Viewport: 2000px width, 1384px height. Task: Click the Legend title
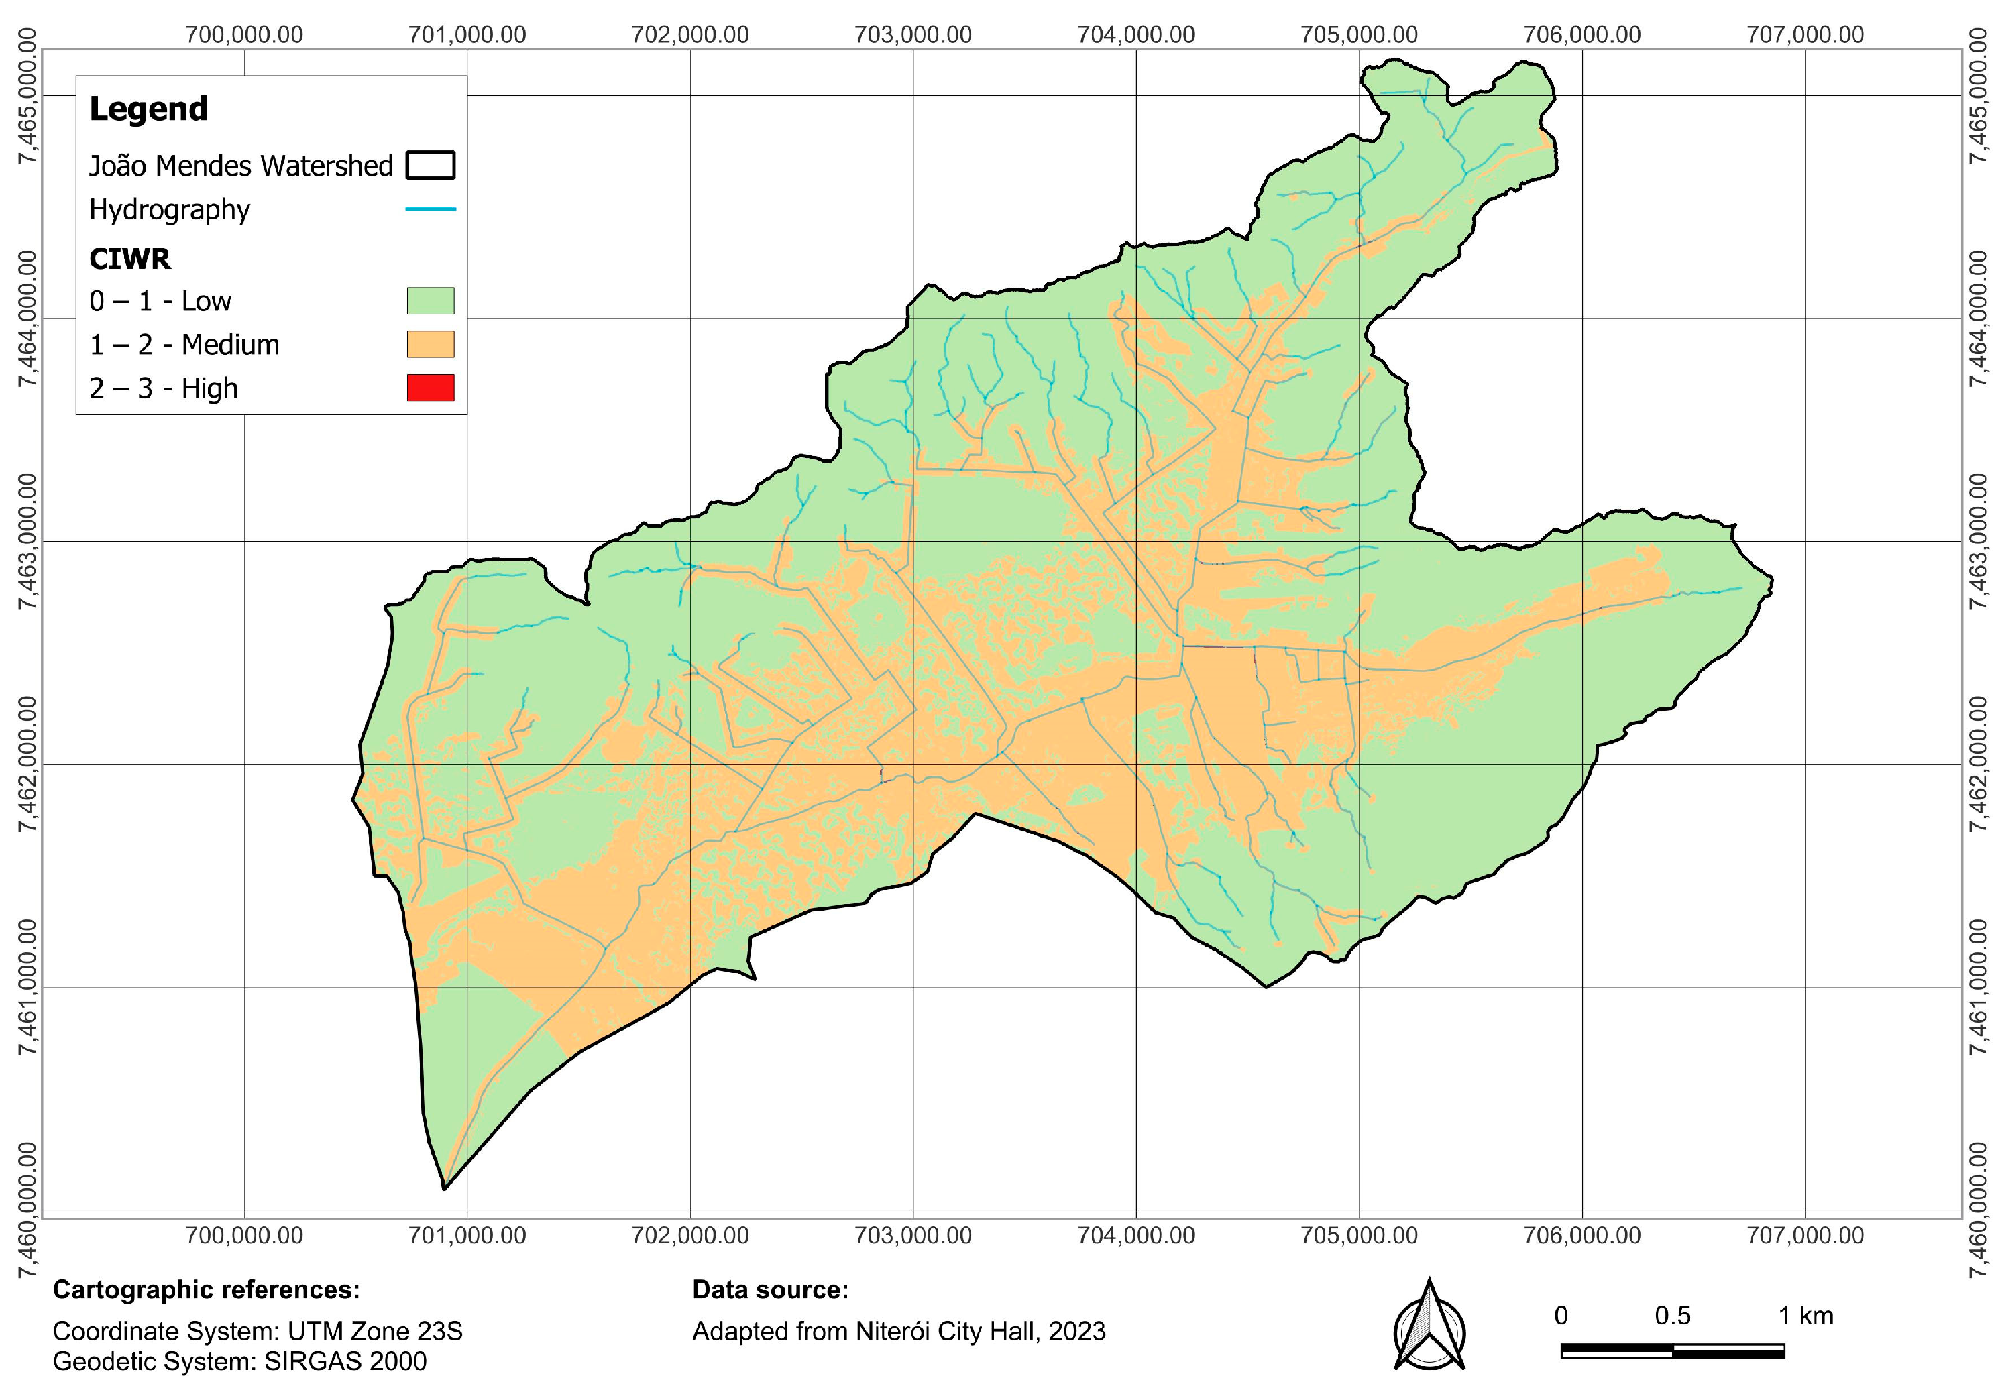[x=148, y=109]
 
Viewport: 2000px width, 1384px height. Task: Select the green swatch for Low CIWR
[x=430, y=301]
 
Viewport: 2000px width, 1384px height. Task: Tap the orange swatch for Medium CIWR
[x=430, y=344]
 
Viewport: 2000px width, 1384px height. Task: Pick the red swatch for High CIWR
[x=430, y=388]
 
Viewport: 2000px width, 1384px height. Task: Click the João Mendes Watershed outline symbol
[x=430, y=165]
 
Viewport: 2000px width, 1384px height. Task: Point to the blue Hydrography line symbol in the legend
[x=430, y=209]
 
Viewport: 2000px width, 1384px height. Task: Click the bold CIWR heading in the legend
[x=130, y=258]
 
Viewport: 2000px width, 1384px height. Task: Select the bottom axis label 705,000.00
[x=1359, y=1235]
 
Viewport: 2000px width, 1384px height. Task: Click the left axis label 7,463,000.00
[x=30, y=541]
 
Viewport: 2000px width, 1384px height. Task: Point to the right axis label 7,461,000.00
[x=1977, y=987]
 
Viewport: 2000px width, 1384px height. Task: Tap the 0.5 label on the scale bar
[x=1672, y=1316]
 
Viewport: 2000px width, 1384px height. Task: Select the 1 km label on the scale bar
[x=1805, y=1316]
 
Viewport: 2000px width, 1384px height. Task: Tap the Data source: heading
[x=769, y=1289]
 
